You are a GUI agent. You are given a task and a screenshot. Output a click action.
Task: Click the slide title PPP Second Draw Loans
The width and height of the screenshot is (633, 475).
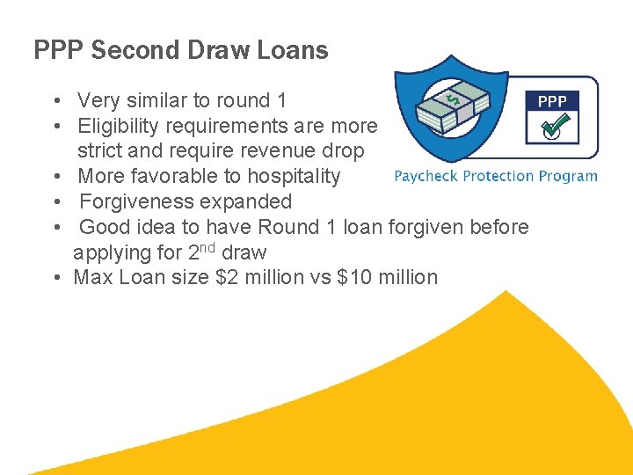[x=180, y=50]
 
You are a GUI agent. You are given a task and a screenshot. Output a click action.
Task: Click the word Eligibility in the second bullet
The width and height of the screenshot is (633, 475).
[x=120, y=126]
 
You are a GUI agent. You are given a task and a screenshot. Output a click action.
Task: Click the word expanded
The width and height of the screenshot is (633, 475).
[x=251, y=201]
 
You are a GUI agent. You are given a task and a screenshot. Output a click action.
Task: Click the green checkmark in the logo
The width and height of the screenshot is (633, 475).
[x=552, y=128]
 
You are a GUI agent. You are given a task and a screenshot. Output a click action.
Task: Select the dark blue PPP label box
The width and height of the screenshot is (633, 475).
[x=552, y=101]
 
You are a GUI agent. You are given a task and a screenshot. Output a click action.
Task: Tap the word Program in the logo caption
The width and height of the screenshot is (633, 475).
[x=568, y=176]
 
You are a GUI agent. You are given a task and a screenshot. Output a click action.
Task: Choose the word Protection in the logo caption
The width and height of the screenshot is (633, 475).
[x=498, y=176]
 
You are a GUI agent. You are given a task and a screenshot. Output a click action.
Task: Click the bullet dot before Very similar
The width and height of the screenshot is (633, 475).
[x=55, y=101]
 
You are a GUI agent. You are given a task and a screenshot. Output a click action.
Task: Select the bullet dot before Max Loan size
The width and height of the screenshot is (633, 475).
[x=55, y=278]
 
